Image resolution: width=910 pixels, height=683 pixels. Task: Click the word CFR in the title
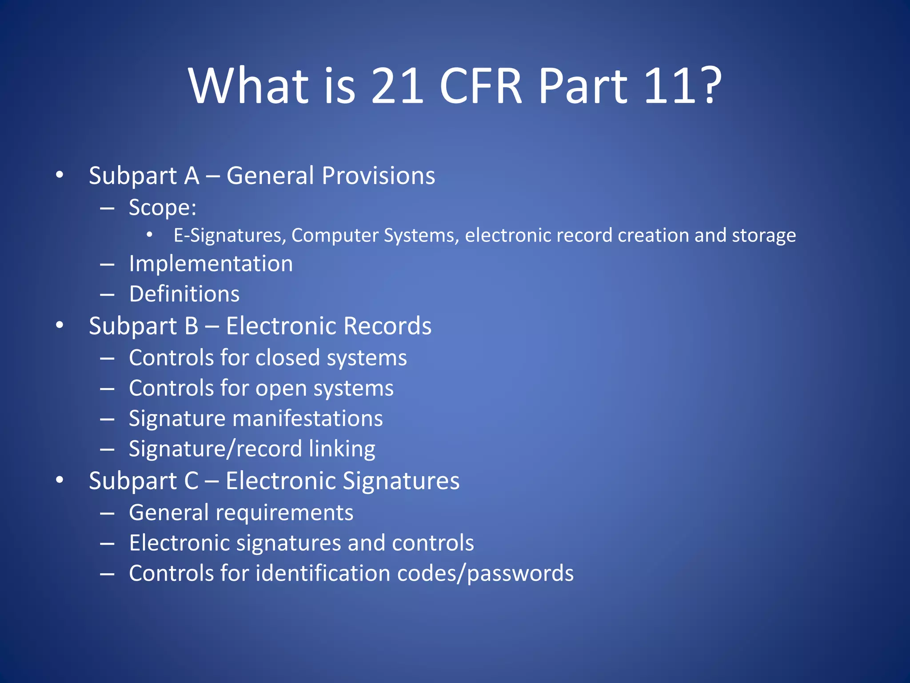(x=480, y=85)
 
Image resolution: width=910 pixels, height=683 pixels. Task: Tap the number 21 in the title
(x=397, y=85)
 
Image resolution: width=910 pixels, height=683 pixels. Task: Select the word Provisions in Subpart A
(x=378, y=176)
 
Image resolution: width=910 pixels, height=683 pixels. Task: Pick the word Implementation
(x=211, y=264)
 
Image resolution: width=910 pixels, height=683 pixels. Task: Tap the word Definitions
(x=184, y=294)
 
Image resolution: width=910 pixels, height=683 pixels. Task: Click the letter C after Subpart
(x=191, y=481)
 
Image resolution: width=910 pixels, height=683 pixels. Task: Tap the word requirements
(x=284, y=513)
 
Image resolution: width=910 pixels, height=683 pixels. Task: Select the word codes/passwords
(x=485, y=574)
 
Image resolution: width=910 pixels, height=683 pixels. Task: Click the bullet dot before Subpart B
(x=60, y=325)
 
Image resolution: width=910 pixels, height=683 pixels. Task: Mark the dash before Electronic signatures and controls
(x=107, y=543)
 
